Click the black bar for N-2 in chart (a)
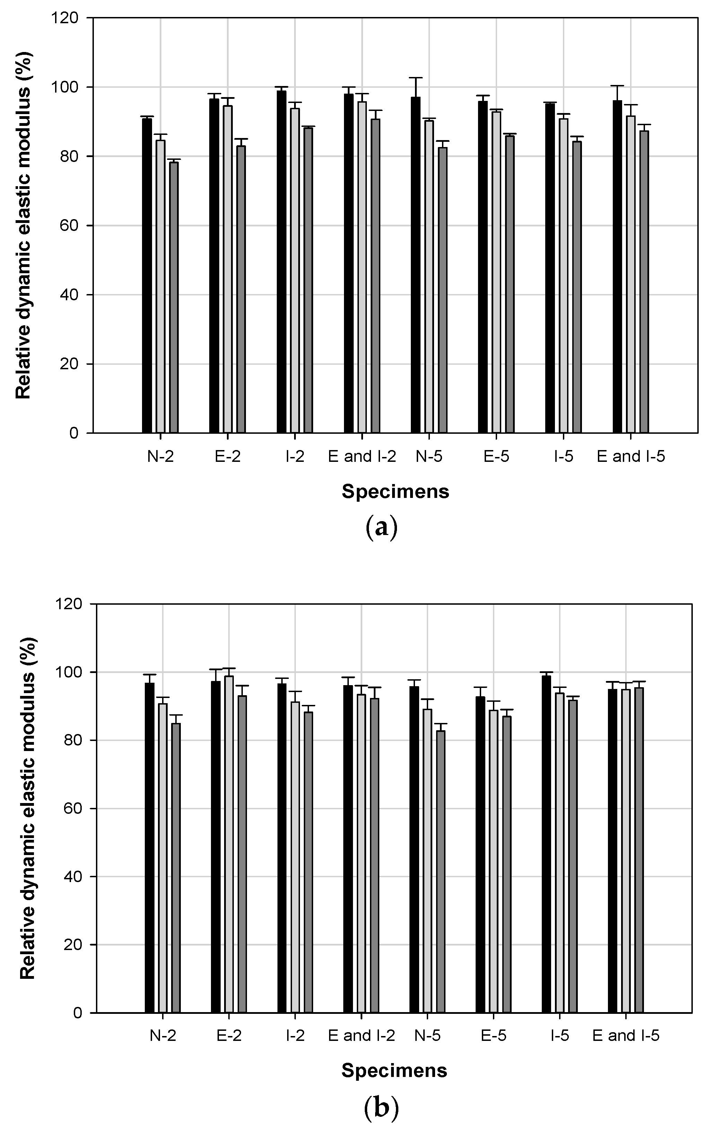point(147,276)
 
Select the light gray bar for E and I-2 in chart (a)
point(362,267)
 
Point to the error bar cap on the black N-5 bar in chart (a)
point(416,78)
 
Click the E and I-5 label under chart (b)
point(626,1035)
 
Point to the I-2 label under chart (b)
point(295,1035)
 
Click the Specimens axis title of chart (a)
point(395,491)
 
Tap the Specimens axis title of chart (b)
point(394,1071)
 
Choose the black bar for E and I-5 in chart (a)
point(617,267)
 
